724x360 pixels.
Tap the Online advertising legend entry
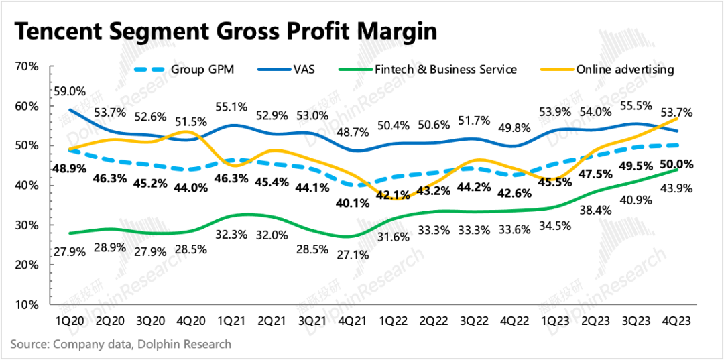tap(623, 69)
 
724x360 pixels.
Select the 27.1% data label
tap(353, 257)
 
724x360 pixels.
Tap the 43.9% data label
tap(677, 190)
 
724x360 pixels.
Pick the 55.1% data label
tap(231, 106)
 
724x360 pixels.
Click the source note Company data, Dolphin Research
tap(121, 345)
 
